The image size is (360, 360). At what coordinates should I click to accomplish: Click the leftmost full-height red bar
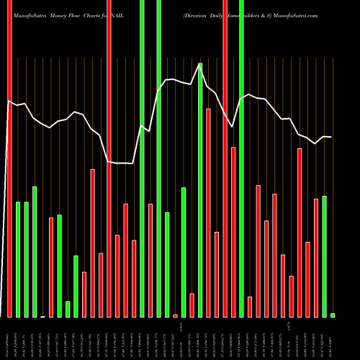[x=9, y=158]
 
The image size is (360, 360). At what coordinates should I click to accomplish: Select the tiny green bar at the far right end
[x=333, y=315]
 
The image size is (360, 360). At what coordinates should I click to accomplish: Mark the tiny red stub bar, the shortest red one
[x=175, y=315]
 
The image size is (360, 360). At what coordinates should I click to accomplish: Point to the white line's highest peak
[x=200, y=64]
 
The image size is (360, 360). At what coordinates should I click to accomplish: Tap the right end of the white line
[x=331, y=137]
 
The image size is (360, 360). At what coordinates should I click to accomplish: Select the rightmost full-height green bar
[x=242, y=158]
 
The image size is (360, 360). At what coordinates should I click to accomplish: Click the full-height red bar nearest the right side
[x=225, y=158]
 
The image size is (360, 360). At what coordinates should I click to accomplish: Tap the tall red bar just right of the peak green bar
[x=209, y=212]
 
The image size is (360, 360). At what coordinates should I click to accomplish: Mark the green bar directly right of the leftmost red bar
[x=18, y=259]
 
